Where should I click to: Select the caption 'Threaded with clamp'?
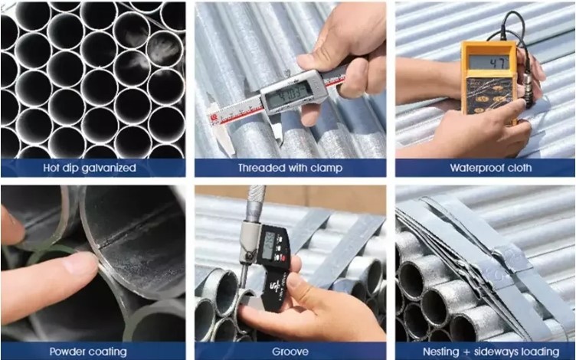pyautogui.click(x=289, y=167)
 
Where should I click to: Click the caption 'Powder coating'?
pyautogui.click(x=88, y=352)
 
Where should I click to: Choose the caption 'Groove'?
pyautogui.click(x=289, y=352)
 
